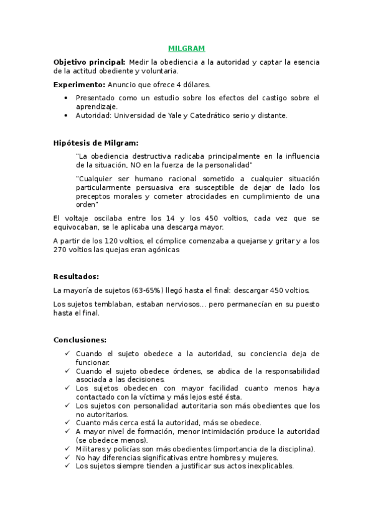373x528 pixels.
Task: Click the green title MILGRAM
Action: (186, 48)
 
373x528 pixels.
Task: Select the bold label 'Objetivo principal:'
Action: (89, 62)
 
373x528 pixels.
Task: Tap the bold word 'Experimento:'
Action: (79, 83)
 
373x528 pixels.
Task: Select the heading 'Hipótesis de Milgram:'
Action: (96, 143)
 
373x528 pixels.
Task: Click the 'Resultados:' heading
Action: (77, 276)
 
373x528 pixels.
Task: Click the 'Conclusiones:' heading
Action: (80, 340)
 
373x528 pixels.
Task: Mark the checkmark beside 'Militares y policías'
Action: (67, 448)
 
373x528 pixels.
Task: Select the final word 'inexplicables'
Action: (267, 466)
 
